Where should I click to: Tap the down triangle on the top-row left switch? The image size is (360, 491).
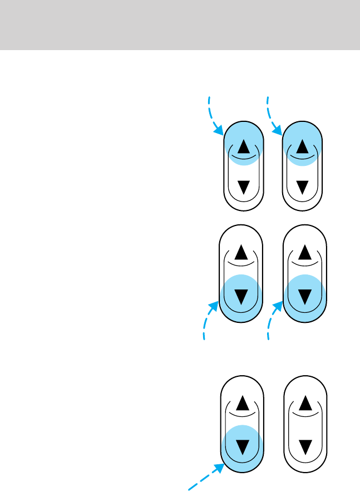[243, 188]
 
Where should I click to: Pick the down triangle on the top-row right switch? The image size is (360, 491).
[302, 188]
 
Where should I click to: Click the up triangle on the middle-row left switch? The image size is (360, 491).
[241, 253]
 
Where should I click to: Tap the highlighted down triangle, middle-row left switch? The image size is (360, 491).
[241, 296]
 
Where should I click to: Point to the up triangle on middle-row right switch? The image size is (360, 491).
[305, 253]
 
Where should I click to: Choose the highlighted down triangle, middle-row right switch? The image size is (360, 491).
[305, 296]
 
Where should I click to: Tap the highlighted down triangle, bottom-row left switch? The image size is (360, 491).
[241, 446]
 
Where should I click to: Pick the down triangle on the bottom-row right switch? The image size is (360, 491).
[305, 446]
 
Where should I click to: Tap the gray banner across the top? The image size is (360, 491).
[180, 24]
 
